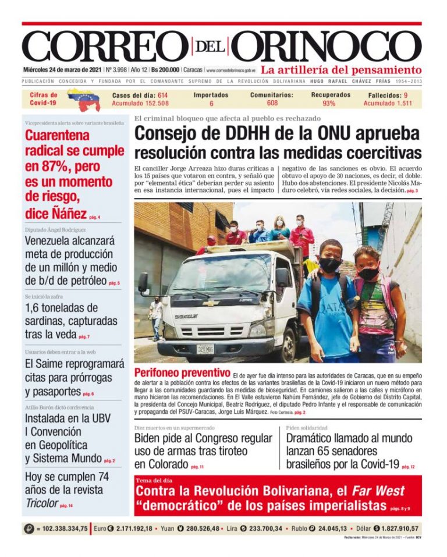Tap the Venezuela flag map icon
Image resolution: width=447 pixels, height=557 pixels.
tap(83, 100)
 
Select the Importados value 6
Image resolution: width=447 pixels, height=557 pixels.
tap(211, 104)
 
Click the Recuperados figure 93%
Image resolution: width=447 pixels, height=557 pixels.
tap(329, 104)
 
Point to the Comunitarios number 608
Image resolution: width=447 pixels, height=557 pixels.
tap(272, 104)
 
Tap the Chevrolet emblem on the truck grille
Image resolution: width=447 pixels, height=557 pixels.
tap(210, 303)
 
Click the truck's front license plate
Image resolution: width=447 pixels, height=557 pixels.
tap(205, 349)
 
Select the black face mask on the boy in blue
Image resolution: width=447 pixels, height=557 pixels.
tap(329, 265)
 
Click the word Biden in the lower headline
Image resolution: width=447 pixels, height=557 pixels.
tap(149, 439)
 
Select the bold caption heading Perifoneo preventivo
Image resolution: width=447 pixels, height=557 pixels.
tap(182, 372)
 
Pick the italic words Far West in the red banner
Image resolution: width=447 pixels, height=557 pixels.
tap(378, 491)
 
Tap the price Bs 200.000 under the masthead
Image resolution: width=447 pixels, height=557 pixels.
tap(165, 69)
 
